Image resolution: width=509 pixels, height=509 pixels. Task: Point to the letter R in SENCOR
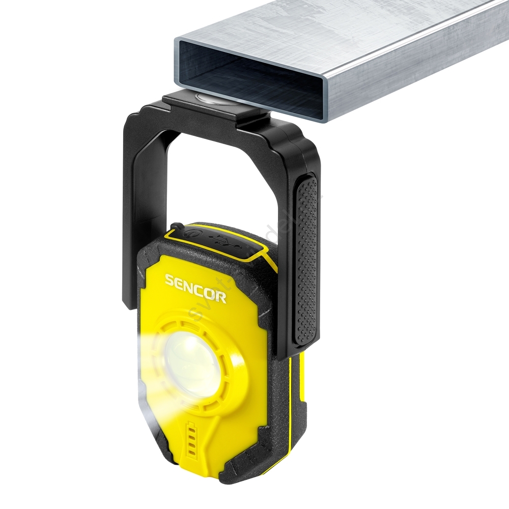click(x=221, y=297)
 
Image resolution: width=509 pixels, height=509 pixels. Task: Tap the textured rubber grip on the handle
click(x=306, y=260)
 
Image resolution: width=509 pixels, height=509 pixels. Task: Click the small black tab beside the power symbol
click(x=176, y=226)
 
